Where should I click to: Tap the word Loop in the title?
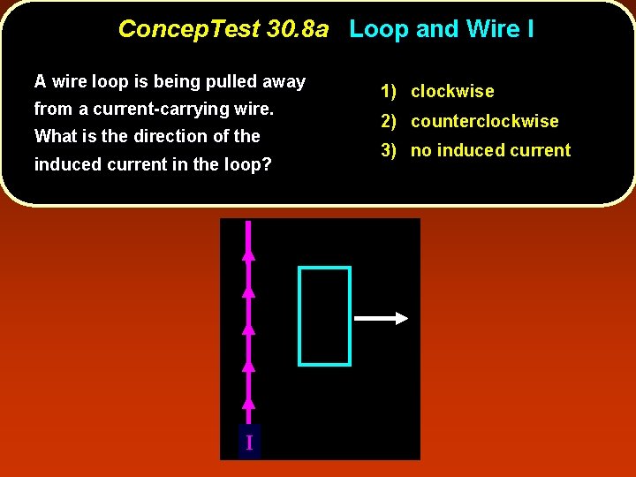click(x=379, y=29)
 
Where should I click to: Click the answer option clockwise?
click(x=452, y=91)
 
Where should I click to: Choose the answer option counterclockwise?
click(x=485, y=121)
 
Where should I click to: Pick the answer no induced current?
click(x=491, y=150)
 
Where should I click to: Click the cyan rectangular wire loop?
click(x=300, y=315)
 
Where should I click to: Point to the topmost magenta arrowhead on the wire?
click(x=249, y=254)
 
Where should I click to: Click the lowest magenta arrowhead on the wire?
click(x=249, y=403)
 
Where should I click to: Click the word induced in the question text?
click(x=66, y=164)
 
